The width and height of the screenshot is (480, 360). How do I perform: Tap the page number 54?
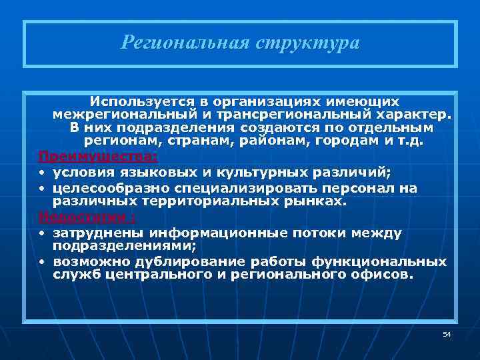(447, 333)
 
